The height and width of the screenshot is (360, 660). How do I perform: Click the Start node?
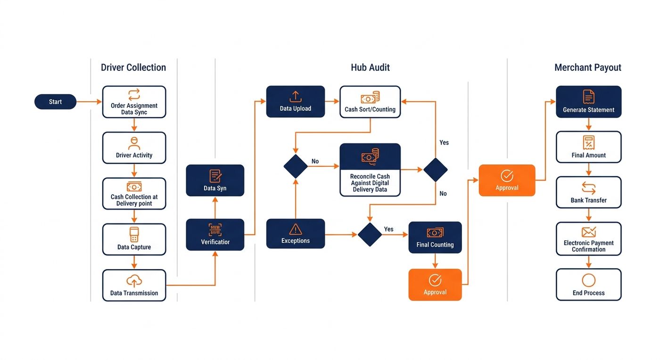pos(56,102)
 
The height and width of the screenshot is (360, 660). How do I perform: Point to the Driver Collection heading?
pos(133,67)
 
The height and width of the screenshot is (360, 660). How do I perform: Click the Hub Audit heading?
pos(370,67)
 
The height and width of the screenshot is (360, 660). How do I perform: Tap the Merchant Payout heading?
pos(588,67)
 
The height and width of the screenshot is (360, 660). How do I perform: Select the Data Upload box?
pos(296,102)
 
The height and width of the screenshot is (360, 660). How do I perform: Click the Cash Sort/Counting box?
pos(370,102)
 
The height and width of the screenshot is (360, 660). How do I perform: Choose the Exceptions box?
pos(296,234)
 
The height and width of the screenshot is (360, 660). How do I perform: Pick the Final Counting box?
pos(435,237)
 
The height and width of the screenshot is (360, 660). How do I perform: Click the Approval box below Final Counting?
pos(435,285)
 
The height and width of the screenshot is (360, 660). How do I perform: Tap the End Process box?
pos(589,285)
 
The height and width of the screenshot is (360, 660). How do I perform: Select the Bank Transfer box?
pos(589,192)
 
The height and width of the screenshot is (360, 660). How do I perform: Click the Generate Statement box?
pos(589,102)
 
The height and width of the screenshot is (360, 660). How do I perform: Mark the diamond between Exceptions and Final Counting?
pos(370,235)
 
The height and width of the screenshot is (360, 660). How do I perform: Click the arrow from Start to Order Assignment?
pos(89,102)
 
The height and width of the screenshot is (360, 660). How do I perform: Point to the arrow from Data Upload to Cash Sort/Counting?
pos(332,101)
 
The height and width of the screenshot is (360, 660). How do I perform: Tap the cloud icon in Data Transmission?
pos(134,281)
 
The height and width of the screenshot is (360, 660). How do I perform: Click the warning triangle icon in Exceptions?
pos(296,229)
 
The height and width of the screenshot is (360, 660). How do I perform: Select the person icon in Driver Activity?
pos(134,143)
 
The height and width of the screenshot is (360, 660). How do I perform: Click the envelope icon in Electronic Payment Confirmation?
pos(589,232)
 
